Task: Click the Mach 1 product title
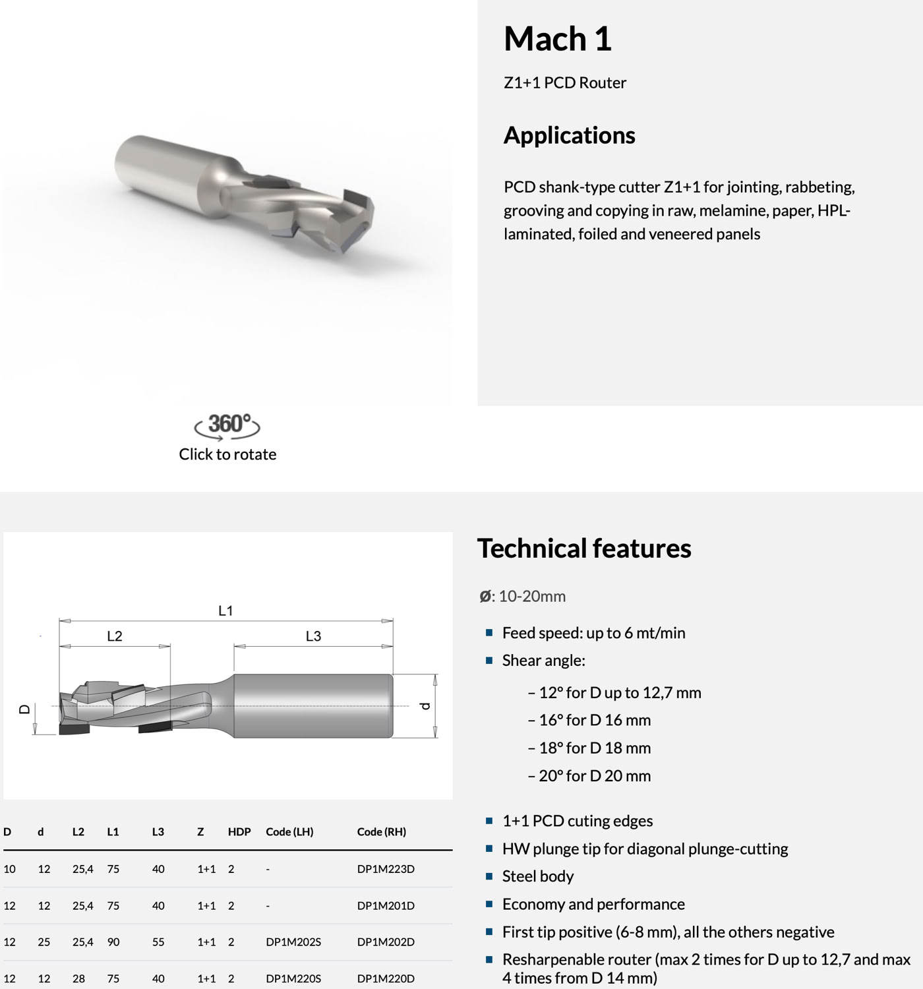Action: pyautogui.click(x=557, y=39)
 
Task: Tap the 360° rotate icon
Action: pyautogui.click(x=227, y=425)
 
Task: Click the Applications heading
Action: pyautogui.click(x=569, y=135)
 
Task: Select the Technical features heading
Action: pyautogui.click(x=583, y=549)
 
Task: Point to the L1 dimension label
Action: pyautogui.click(x=225, y=611)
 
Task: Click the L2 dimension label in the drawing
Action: pyautogui.click(x=115, y=636)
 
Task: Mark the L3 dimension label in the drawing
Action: pyautogui.click(x=313, y=636)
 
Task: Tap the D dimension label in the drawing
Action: pyautogui.click(x=24, y=709)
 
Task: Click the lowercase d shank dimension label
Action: pyautogui.click(x=426, y=706)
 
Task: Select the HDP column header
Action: pyautogui.click(x=239, y=832)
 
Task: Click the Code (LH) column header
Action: pyautogui.click(x=289, y=832)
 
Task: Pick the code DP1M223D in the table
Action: pyautogui.click(x=386, y=869)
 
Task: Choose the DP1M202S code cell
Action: pyautogui.click(x=293, y=942)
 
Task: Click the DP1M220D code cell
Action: pyautogui.click(x=386, y=979)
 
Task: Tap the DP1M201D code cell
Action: pyautogui.click(x=386, y=906)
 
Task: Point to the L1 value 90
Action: pyautogui.click(x=113, y=942)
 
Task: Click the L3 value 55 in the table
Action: pyautogui.click(x=158, y=942)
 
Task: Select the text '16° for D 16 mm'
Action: pyautogui.click(x=594, y=721)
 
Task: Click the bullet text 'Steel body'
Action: pyautogui.click(x=538, y=876)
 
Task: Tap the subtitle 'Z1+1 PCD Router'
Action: pyautogui.click(x=565, y=83)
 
